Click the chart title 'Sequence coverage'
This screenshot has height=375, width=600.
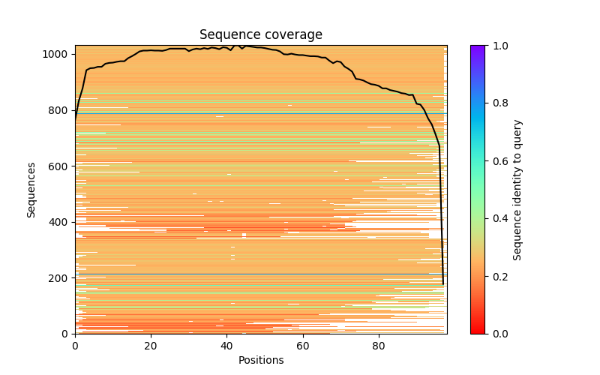[x=261, y=35]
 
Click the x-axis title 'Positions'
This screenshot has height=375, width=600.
[x=261, y=360]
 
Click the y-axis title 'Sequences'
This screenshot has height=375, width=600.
[x=31, y=190]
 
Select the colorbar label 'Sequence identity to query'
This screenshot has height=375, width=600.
[x=517, y=190]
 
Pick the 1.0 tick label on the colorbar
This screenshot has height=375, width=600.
[x=498, y=46]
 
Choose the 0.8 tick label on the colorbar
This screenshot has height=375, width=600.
[x=498, y=103]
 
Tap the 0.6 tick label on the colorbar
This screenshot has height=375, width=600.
[x=498, y=161]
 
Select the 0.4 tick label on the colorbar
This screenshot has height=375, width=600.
[x=498, y=219]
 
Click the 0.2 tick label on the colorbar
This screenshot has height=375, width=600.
[x=498, y=277]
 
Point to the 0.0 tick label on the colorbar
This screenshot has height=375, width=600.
[x=498, y=334]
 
